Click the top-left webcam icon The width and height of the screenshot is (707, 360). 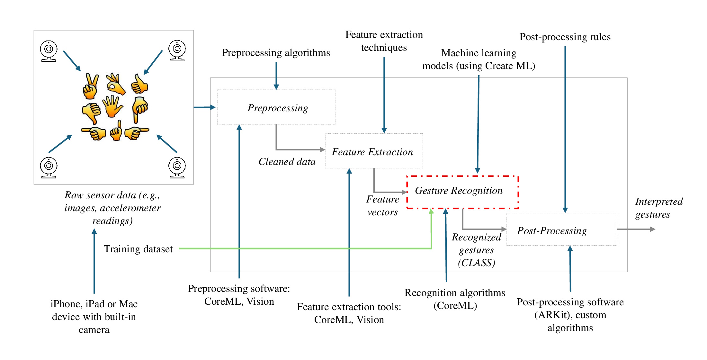point(49,50)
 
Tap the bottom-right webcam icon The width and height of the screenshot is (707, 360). point(177,167)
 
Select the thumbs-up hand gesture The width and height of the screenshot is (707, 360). point(139,84)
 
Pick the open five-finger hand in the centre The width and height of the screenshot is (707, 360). point(112,106)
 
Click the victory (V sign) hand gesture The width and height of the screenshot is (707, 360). point(90,86)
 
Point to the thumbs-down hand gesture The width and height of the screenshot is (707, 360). point(92,113)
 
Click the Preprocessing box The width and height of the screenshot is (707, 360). point(276,107)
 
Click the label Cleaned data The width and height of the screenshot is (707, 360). point(287,161)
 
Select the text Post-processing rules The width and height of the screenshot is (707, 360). point(565,37)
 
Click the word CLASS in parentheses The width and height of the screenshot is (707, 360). point(477,263)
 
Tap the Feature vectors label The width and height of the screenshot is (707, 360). point(382,206)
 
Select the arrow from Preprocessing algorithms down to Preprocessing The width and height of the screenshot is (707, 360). point(276,75)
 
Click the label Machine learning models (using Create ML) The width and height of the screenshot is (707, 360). point(479,59)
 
